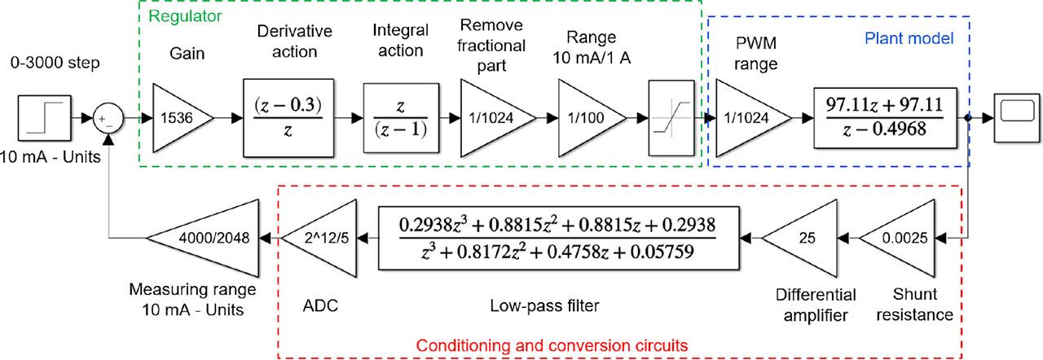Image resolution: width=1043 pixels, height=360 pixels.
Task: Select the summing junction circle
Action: coord(108,118)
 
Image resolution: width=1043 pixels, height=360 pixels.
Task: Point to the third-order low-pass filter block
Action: coord(557,237)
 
